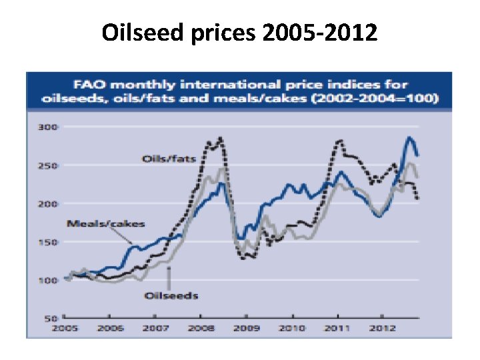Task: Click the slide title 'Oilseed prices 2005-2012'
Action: click(x=239, y=32)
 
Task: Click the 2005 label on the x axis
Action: click(x=65, y=328)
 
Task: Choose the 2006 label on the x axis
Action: click(x=111, y=328)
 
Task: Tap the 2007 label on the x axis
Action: click(x=156, y=328)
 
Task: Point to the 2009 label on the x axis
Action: click(x=247, y=328)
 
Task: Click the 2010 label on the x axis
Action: click(x=292, y=328)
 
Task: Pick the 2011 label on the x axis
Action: click(x=337, y=328)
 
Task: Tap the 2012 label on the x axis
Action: click(x=383, y=328)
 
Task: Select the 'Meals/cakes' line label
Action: click(x=105, y=223)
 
